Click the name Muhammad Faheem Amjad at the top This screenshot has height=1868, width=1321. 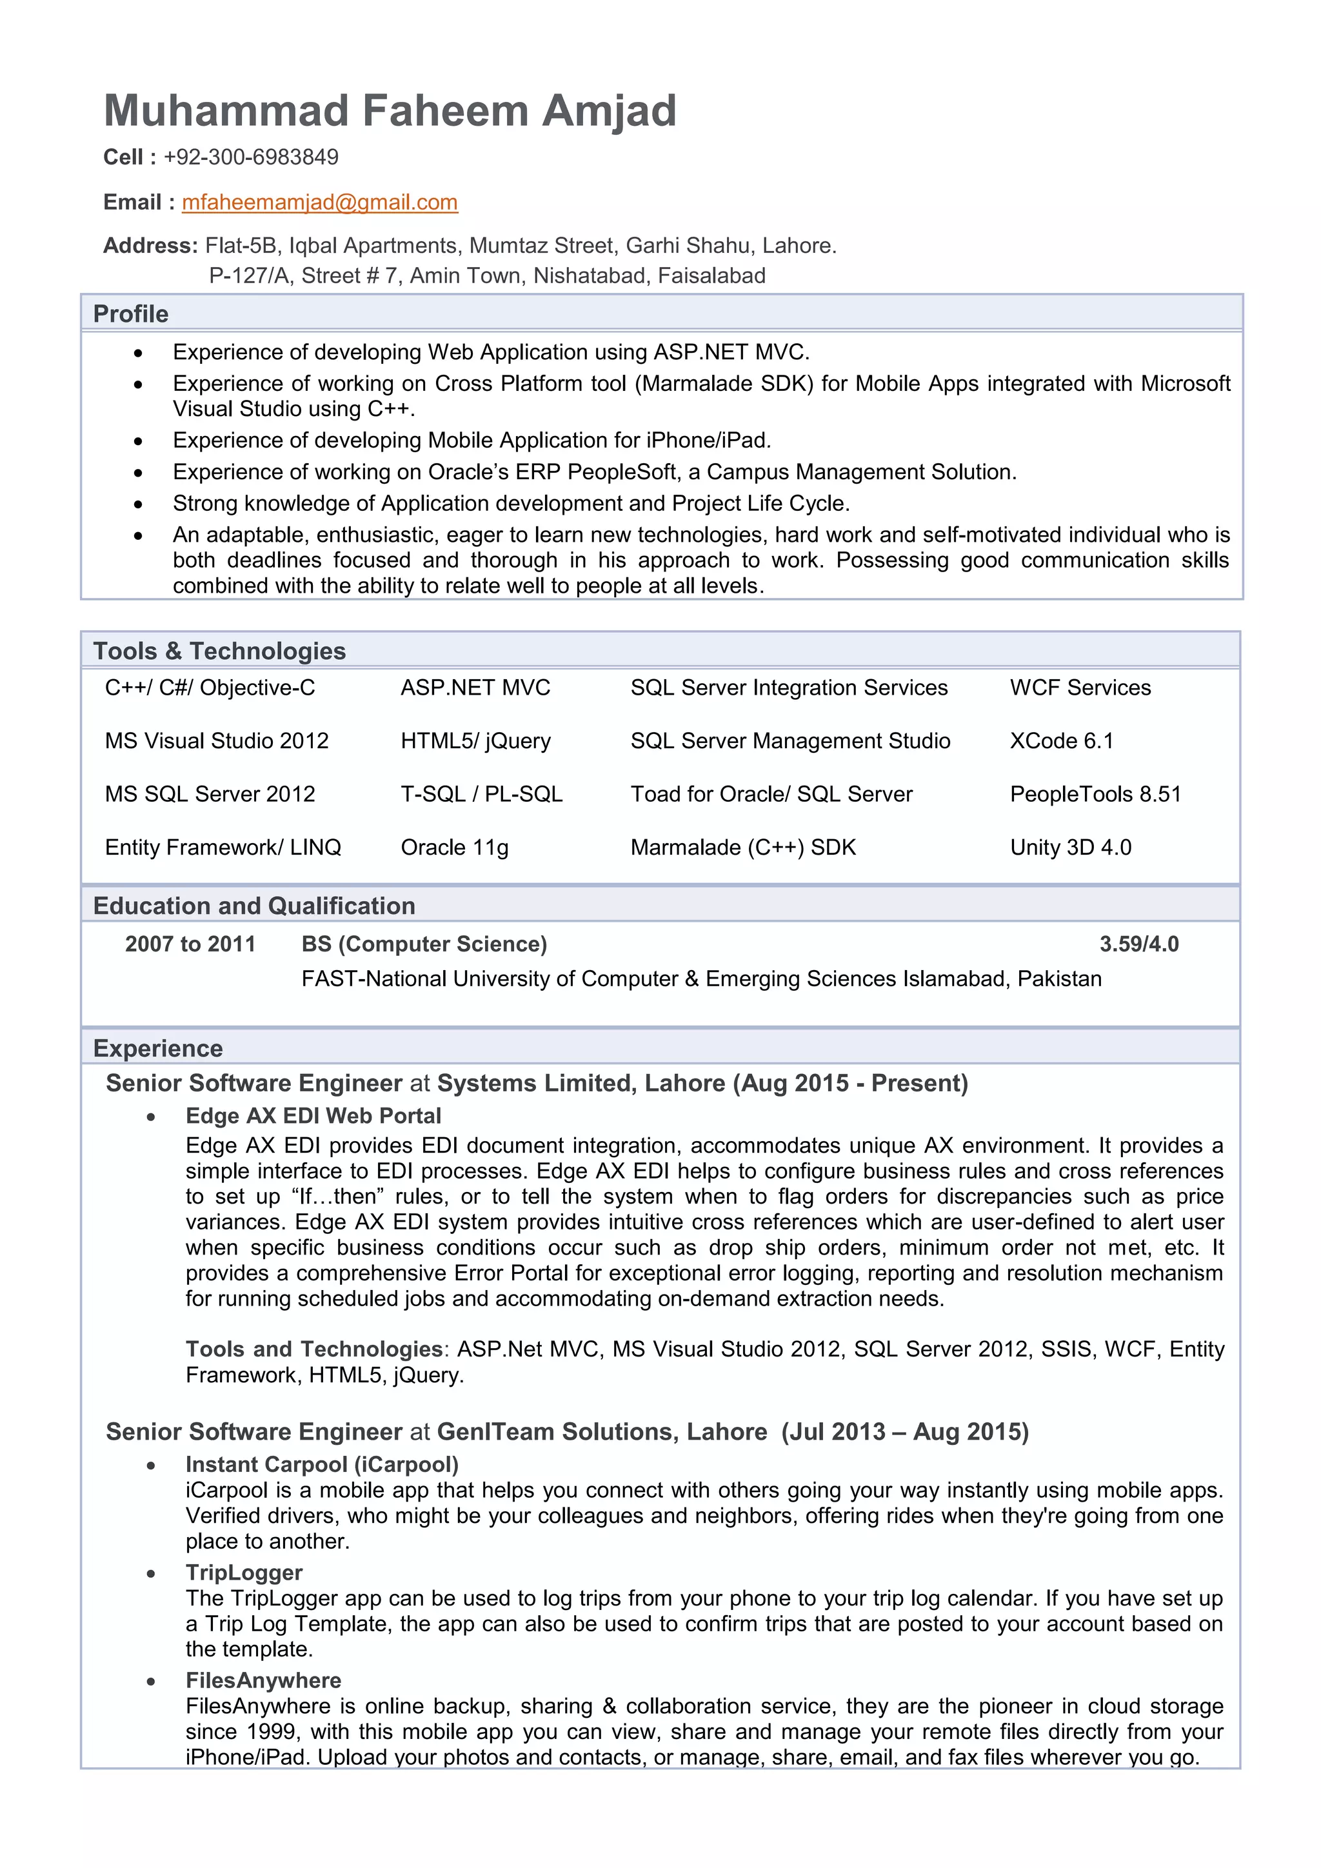coord(390,111)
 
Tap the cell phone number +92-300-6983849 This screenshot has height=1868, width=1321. coord(250,157)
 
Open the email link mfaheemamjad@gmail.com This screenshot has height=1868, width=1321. coord(320,202)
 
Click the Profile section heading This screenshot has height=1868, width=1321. coord(130,314)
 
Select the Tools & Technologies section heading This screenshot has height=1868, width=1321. coord(219,651)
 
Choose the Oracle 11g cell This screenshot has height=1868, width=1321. coord(454,847)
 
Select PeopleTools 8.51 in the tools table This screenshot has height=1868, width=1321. coord(1095,794)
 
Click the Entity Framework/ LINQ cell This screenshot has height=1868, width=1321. coord(223,847)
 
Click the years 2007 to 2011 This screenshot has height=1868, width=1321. coord(190,944)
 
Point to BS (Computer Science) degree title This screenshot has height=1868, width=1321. coord(424,944)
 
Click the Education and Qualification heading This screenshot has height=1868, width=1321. coord(253,906)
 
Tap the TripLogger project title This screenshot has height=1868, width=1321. coord(243,1572)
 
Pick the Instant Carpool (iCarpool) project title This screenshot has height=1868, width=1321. coord(321,1464)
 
